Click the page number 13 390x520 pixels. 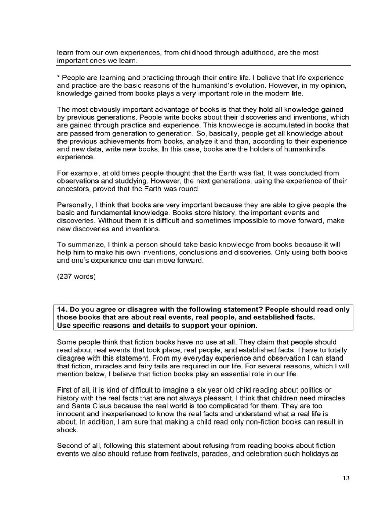346,478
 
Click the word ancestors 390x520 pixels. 74,189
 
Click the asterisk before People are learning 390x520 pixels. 58,77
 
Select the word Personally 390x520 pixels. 76,205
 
